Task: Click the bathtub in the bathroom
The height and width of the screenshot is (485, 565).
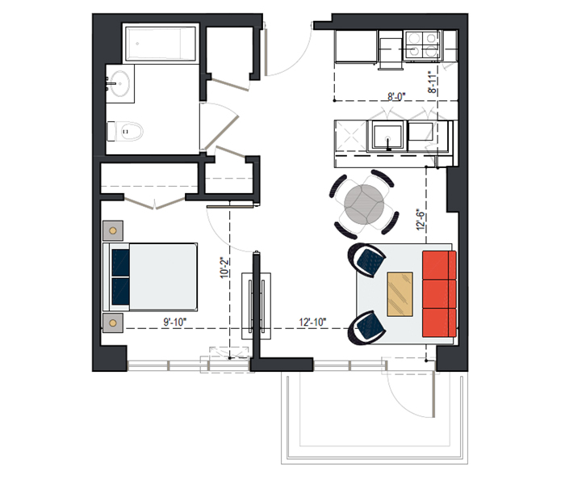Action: (161, 44)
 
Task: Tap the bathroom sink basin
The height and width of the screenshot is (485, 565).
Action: (119, 84)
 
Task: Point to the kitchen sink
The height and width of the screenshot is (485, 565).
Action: (387, 137)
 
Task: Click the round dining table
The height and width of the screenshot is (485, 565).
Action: (364, 204)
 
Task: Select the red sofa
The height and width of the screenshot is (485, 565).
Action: (439, 294)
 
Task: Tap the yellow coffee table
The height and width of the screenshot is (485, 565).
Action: (400, 294)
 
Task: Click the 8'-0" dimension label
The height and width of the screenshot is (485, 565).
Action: (396, 97)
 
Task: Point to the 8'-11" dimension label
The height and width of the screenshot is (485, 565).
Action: (433, 82)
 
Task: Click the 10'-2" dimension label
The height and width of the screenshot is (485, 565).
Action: (225, 268)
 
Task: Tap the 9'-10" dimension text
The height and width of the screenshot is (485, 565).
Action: (175, 322)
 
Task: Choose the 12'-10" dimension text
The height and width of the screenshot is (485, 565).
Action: (313, 322)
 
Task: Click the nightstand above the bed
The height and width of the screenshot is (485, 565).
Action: (113, 230)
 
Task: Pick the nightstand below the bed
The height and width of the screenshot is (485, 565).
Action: (113, 323)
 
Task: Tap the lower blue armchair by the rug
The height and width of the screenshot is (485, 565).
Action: (366, 327)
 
